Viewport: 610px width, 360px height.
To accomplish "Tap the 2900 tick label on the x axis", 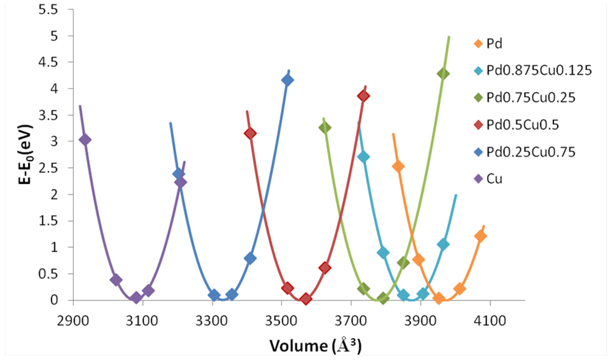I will tap(72, 319).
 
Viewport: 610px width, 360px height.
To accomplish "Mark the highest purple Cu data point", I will tap(85, 139).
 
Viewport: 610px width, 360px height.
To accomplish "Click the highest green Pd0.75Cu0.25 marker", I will tap(443, 73).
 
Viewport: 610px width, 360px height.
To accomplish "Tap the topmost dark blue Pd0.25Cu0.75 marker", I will tap(288, 80).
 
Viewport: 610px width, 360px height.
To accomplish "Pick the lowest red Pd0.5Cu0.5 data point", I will tap(306, 299).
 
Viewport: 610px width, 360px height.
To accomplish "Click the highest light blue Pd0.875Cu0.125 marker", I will tap(363, 157).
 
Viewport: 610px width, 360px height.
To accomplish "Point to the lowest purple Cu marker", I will tap(136, 298).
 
